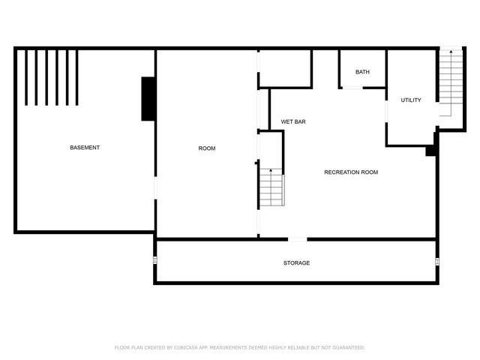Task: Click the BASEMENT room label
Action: pyautogui.click(x=85, y=148)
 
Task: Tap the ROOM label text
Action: pyautogui.click(x=206, y=148)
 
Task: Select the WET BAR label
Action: pyautogui.click(x=293, y=121)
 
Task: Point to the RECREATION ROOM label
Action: pyautogui.click(x=351, y=172)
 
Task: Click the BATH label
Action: pyautogui.click(x=362, y=72)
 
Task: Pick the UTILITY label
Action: pyautogui.click(x=411, y=100)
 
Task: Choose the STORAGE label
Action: pyautogui.click(x=296, y=263)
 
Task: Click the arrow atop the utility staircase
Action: pyautogui.click(x=451, y=52)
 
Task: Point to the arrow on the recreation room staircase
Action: pyautogui.click(x=271, y=172)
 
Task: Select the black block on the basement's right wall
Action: pyautogui.click(x=148, y=98)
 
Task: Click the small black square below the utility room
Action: pyautogui.click(x=430, y=151)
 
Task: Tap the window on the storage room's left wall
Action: pyautogui.click(x=155, y=260)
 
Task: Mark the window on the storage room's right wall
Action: pyautogui.click(x=437, y=261)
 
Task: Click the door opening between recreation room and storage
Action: pyautogui.click(x=298, y=239)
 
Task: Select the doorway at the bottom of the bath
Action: pyautogui.click(x=352, y=88)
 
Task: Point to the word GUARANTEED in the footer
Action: pyautogui.click(x=347, y=348)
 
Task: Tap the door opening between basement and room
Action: pyautogui.click(x=155, y=187)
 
